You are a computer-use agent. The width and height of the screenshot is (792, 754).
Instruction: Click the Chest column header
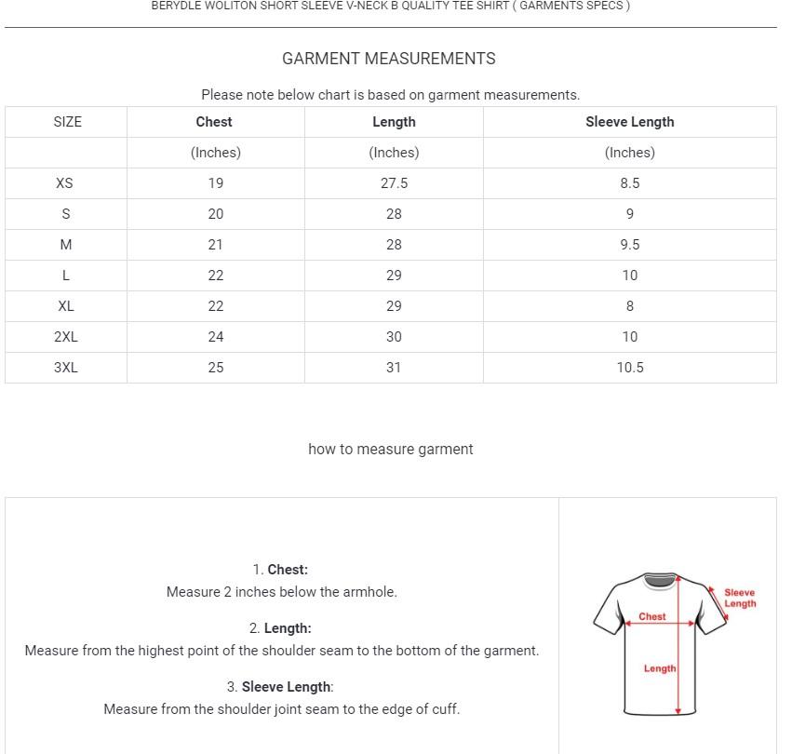point(214,122)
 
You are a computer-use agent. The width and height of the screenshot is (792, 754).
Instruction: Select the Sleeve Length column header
point(629,122)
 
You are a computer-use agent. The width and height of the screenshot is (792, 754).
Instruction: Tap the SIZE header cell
point(67,122)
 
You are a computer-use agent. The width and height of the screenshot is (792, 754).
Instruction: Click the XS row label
point(64,183)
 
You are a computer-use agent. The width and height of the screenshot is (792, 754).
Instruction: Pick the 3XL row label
point(65,368)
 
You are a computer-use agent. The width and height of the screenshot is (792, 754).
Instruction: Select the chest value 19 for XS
point(215,183)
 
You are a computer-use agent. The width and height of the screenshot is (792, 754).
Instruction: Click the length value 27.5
point(394,183)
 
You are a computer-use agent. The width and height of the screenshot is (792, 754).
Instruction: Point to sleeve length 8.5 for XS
point(629,183)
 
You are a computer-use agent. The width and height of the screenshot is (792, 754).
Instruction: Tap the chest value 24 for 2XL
point(215,337)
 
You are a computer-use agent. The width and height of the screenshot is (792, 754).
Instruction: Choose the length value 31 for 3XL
point(394,368)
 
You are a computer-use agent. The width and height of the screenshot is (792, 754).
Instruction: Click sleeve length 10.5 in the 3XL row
point(629,368)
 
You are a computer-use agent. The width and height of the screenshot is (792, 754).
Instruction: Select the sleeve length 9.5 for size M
point(629,245)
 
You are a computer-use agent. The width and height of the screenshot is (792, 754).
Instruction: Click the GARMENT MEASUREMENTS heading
point(389,59)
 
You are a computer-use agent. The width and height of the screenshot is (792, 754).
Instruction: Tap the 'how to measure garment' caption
point(390,450)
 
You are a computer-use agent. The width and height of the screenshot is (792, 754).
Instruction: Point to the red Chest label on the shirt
point(651,616)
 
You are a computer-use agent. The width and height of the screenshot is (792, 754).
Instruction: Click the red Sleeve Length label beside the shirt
point(740,598)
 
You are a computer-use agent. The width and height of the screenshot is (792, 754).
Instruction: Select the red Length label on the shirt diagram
point(659,668)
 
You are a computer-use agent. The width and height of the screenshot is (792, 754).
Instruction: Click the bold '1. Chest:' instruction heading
point(280,570)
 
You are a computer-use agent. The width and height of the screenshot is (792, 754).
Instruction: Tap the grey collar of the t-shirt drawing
point(659,581)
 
